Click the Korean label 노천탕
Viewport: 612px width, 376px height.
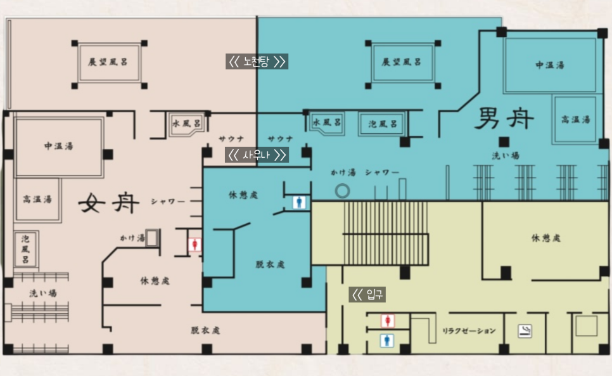pyautogui.click(x=257, y=62)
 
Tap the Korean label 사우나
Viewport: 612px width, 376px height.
pyautogui.click(x=257, y=155)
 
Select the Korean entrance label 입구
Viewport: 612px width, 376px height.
pyautogui.click(x=368, y=294)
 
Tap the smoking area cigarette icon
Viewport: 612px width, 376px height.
pyautogui.click(x=525, y=330)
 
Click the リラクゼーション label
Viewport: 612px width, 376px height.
pyautogui.click(x=469, y=331)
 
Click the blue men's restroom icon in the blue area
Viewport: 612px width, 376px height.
pyautogui.click(x=298, y=202)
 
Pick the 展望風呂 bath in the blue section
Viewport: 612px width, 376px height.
pyautogui.click(x=402, y=62)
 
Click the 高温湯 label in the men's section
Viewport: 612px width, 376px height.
pyautogui.click(x=577, y=119)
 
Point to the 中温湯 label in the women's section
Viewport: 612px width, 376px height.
pyautogui.click(x=58, y=146)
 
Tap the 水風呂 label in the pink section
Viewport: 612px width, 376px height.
pyautogui.click(x=187, y=124)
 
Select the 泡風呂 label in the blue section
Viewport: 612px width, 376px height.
pyautogui.click(x=383, y=124)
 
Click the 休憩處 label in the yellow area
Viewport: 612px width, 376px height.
pyautogui.click(x=545, y=238)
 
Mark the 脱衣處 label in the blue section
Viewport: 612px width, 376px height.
pyautogui.click(x=271, y=264)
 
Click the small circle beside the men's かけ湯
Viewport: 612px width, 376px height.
pyautogui.click(x=343, y=190)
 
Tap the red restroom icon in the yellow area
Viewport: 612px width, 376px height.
pyautogui.click(x=386, y=321)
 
